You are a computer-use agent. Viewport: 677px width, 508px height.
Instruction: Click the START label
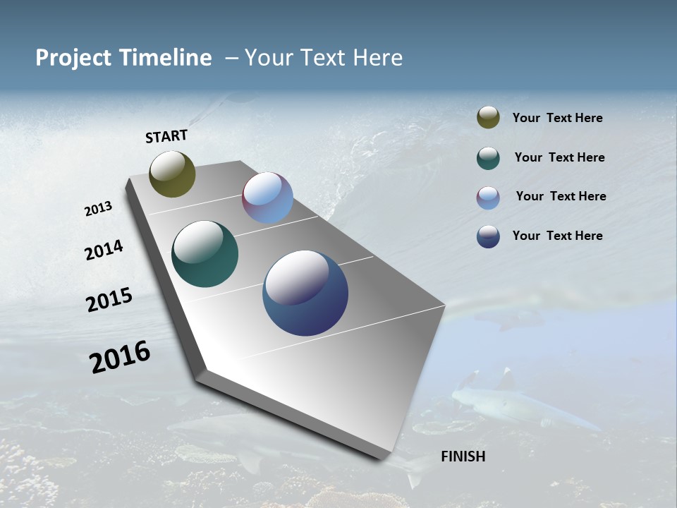(x=166, y=136)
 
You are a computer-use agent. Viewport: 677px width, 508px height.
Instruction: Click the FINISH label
(x=463, y=456)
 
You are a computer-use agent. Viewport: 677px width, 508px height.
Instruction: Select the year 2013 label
(x=98, y=209)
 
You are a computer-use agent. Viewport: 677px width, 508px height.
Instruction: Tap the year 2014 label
(x=104, y=250)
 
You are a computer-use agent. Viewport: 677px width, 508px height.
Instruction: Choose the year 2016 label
(x=119, y=357)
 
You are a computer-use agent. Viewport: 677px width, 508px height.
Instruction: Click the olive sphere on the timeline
(x=172, y=174)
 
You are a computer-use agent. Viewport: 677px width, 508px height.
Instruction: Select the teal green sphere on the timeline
(x=205, y=254)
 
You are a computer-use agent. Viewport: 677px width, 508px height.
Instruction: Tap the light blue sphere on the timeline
(x=267, y=198)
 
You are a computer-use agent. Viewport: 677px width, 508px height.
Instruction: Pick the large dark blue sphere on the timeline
(x=305, y=293)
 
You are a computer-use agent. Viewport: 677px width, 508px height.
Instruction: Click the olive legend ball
(x=488, y=118)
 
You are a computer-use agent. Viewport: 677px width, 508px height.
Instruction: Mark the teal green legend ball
(x=488, y=158)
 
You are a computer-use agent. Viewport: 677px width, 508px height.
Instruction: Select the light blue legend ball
(x=488, y=198)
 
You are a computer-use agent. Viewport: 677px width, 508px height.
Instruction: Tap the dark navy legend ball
(x=488, y=236)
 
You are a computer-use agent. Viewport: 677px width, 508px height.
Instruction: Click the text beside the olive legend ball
(x=557, y=119)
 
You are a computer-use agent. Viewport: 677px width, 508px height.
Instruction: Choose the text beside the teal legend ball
(x=559, y=157)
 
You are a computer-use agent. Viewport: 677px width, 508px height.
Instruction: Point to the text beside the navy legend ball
(x=557, y=236)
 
